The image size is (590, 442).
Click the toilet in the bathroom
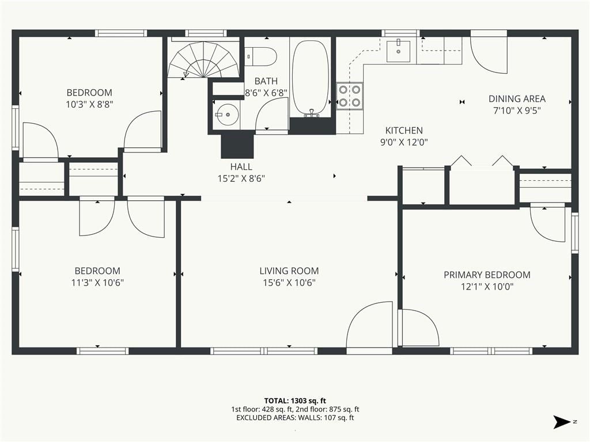coord(261,56)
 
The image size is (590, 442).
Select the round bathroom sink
coord(227,115)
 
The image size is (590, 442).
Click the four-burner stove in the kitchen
coord(350,96)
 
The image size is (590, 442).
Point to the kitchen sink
coord(399,51)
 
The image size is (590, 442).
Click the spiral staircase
coord(203,59)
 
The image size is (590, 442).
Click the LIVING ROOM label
coord(289,270)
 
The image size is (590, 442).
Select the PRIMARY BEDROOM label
coord(487,275)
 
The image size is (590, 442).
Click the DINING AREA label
coord(517,99)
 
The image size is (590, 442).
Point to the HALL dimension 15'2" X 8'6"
coord(241,178)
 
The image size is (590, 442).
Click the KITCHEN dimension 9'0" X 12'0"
coord(404,143)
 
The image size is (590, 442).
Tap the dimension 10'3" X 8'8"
coord(89,105)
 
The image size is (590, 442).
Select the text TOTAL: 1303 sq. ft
coord(295,401)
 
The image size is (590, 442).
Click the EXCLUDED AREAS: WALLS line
coord(295,418)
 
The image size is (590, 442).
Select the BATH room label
coord(266,81)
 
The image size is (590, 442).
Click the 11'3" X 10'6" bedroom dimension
coord(97,283)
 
